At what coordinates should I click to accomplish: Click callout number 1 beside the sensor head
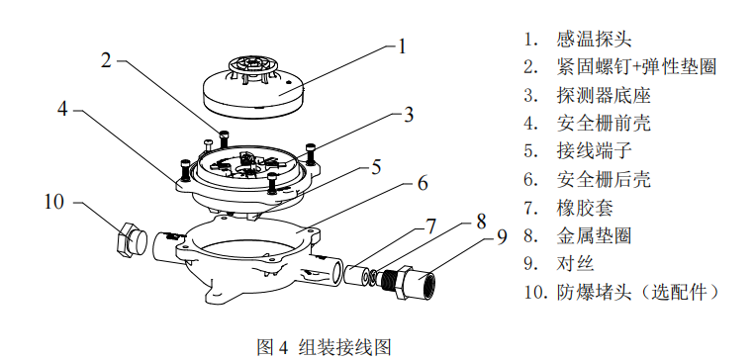[x=402, y=46]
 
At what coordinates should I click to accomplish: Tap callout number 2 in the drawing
[x=106, y=61]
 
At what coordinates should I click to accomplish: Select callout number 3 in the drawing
[x=409, y=115]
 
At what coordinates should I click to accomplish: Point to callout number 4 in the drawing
[x=62, y=109]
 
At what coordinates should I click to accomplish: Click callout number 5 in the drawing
[x=376, y=168]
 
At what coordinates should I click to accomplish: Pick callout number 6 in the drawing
[x=423, y=183]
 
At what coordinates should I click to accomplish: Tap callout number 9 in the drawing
[x=502, y=235]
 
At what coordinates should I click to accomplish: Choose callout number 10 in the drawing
[x=53, y=202]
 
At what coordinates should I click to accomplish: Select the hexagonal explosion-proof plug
[x=132, y=240]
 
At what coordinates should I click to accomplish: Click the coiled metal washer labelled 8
[x=372, y=276]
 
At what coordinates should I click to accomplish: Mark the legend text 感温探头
[x=594, y=39]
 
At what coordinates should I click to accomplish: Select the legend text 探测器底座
[x=604, y=95]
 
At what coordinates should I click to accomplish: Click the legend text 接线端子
[x=594, y=151]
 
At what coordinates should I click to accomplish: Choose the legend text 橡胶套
[x=585, y=208]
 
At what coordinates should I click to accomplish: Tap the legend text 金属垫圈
[x=594, y=235]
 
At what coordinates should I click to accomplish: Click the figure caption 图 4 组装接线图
[x=324, y=346]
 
